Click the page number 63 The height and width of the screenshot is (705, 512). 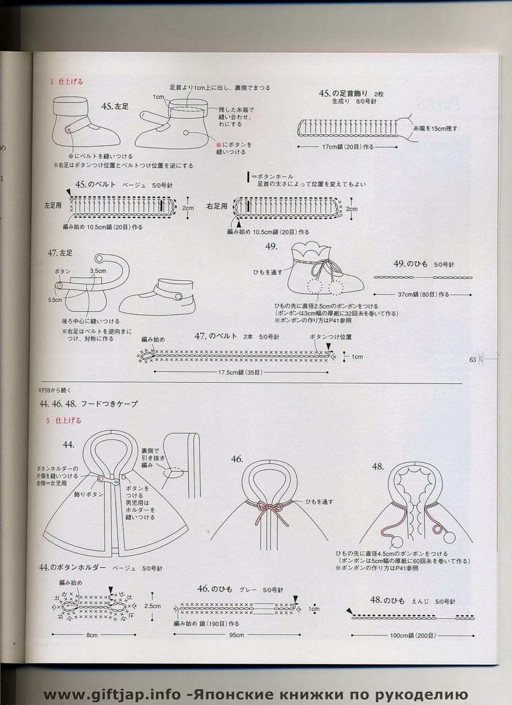pos(472,360)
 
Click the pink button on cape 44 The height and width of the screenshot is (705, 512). pos(101,479)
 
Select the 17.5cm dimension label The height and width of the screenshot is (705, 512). pos(240,372)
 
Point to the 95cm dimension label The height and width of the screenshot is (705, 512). pos(236,634)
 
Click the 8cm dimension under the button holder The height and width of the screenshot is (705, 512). pos(91,634)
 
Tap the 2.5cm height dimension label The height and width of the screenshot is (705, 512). pos(152,605)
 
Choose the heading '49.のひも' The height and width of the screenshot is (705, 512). pos(408,264)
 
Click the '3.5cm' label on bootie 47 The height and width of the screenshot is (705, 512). pos(97,271)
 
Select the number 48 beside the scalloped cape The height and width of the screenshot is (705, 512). pos(378,467)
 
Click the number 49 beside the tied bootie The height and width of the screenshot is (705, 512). pos(271,246)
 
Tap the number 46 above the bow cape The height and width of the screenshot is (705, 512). pos(237,459)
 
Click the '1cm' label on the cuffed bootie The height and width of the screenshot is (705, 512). pos(159,97)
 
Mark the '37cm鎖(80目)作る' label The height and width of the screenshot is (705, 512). pos(423,295)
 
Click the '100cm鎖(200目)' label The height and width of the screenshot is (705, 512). pos(412,635)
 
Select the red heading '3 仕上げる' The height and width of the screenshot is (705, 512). pos(66,82)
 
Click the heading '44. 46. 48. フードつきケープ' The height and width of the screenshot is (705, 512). pos(88,404)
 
